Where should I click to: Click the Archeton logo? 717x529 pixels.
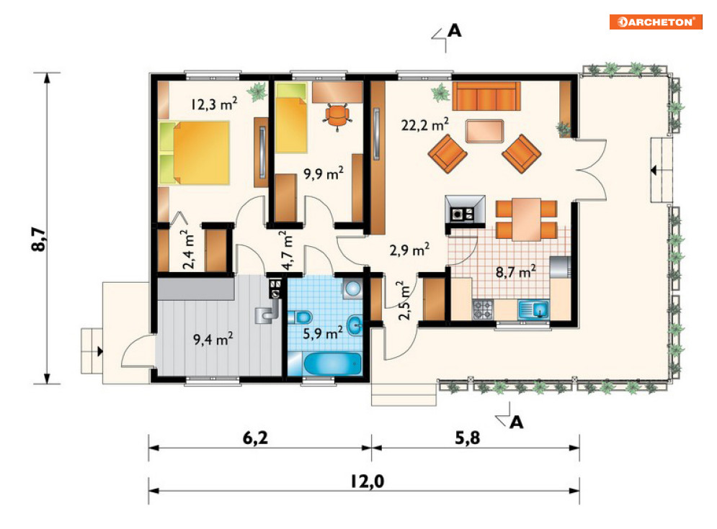click(x=655, y=22)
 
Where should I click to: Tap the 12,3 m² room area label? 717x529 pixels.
click(x=214, y=104)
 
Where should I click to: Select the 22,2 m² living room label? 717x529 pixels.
click(x=425, y=125)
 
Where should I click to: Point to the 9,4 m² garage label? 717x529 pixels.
click(x=213, y=339)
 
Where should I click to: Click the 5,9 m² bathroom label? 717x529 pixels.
click(x=323, y=333)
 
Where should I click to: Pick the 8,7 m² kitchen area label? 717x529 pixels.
click(x=516, y=272)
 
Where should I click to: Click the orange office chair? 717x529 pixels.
click(x=337, y=116)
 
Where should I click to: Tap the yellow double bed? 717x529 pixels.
click(x=195, y=153)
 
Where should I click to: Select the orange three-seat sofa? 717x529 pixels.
click(x=486, y=96)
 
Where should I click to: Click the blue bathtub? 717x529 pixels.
click(x=332, y=364)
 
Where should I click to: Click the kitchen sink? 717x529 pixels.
click(x=534, y=309)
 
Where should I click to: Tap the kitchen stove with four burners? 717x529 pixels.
click(x=483, y=309)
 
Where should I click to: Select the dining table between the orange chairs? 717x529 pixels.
click(x=526, y=219)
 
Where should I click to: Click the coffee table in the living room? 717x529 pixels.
click(x=485, y=131)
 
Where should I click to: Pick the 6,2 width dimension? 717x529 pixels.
click(x=256, y=438)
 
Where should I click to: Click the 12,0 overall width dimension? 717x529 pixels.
click(x=368, y=481)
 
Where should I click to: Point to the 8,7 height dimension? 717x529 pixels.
click(x=40, y=240)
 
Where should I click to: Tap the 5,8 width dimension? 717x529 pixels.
click(x=468, y=438)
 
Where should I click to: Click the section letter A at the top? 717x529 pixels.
click(x=454, y=31)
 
